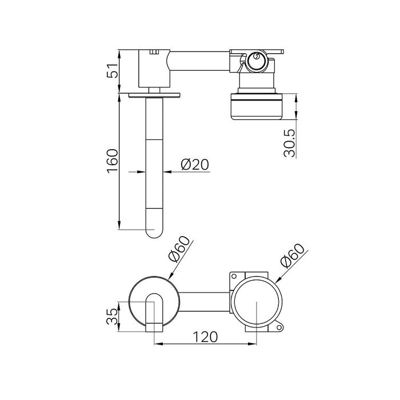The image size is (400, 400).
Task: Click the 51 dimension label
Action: point(113,71)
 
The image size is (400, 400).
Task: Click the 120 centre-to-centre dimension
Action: point(205,337)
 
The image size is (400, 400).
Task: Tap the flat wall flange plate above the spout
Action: point(154,95)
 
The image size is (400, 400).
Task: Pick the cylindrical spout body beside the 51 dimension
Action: point(154,67)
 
